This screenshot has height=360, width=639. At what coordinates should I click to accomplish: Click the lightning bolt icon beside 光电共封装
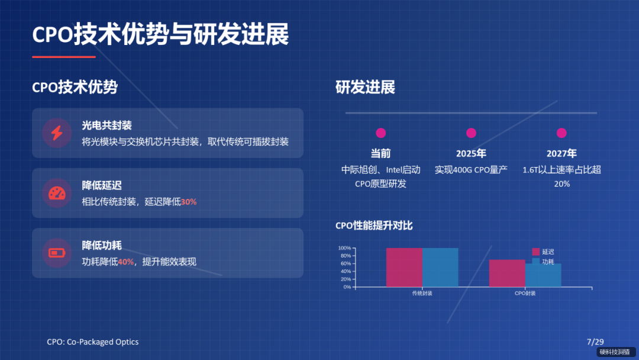57,133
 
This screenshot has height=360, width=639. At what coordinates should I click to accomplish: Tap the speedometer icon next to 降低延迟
57,193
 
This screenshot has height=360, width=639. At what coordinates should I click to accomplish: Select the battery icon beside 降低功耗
57,253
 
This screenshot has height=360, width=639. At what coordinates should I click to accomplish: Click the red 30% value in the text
189,202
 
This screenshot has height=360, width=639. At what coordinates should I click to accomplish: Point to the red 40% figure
126,262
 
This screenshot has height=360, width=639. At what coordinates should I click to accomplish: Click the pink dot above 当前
381,133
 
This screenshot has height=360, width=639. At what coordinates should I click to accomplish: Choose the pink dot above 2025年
471,133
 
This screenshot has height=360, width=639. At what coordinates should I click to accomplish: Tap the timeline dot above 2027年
561,133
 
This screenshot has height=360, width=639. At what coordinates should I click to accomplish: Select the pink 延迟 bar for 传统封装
404,267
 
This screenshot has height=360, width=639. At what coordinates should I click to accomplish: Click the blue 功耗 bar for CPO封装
543,275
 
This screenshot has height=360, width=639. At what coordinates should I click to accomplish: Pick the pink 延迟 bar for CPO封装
507,273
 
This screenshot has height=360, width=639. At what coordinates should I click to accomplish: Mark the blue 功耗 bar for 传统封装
440,267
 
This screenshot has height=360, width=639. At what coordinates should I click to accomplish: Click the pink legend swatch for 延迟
536,252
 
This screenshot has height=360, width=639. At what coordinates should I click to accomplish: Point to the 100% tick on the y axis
344,248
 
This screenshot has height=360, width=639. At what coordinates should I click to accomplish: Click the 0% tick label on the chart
347,287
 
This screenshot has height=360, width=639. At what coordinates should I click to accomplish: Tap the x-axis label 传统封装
422,294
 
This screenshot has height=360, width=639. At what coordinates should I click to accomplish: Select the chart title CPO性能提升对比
374,226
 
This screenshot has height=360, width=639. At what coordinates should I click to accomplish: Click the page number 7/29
595,342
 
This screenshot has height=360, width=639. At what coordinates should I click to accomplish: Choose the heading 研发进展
365,88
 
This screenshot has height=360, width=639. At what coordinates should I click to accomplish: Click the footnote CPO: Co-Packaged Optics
93,342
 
